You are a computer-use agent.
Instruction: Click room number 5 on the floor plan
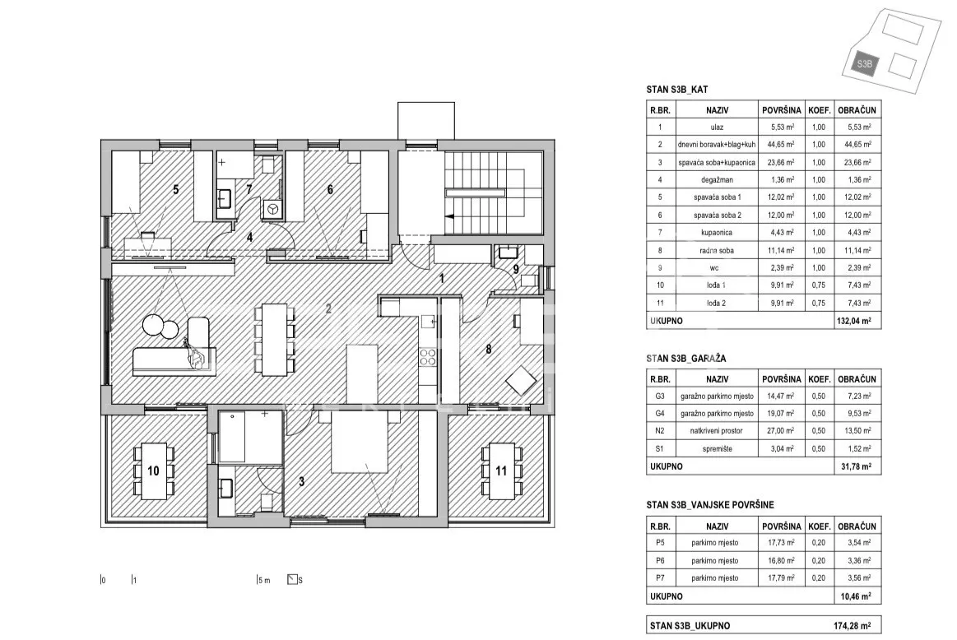(176, 190)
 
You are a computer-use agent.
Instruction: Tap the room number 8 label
(488, 349)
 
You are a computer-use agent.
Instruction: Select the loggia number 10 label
(153, 471)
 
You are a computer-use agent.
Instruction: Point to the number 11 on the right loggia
(501, 471)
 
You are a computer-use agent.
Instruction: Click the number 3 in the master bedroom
(301, 481)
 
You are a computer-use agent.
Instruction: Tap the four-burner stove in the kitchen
(428, 357)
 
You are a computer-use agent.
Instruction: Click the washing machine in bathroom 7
(272, 209)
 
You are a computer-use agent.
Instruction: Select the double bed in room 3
(360, 442)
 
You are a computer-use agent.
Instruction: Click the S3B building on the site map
(864, 63)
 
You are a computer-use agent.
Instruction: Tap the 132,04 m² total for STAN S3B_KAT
(854, 320)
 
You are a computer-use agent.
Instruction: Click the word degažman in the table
(717, 180)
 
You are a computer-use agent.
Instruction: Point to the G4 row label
(660, 413)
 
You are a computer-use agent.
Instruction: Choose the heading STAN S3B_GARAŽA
(686, 359)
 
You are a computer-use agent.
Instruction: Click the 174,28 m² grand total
(852, 625)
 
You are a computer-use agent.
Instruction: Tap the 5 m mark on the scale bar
(263, 580)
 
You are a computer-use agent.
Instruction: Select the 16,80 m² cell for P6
(781, 560)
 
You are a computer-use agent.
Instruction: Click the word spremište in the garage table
(717, 448)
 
